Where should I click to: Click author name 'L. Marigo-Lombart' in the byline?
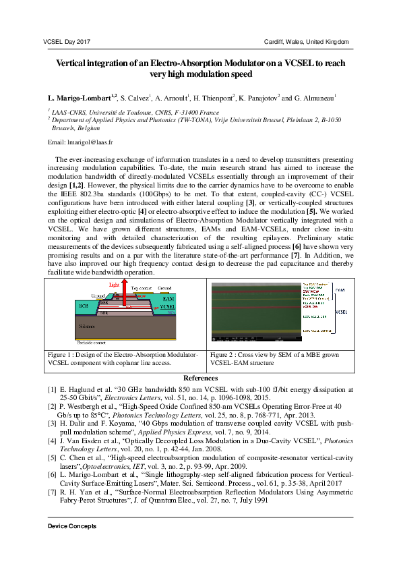coord(78,98)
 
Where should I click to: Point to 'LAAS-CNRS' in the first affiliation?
coord(69,112)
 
